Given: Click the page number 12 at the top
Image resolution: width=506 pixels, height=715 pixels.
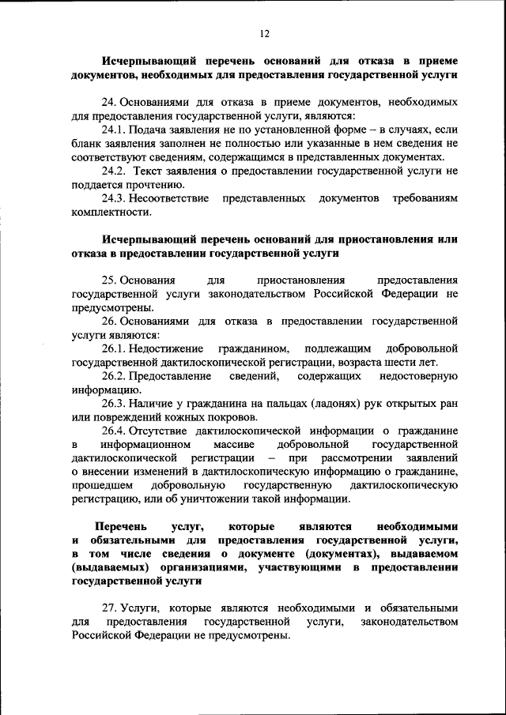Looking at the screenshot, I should [263, 33].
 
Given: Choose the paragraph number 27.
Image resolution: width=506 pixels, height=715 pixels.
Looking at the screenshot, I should [109, 608].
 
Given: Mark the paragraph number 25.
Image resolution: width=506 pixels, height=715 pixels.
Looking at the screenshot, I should [109, 280].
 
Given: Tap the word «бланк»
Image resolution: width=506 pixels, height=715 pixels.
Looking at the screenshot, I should [86, 143].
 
